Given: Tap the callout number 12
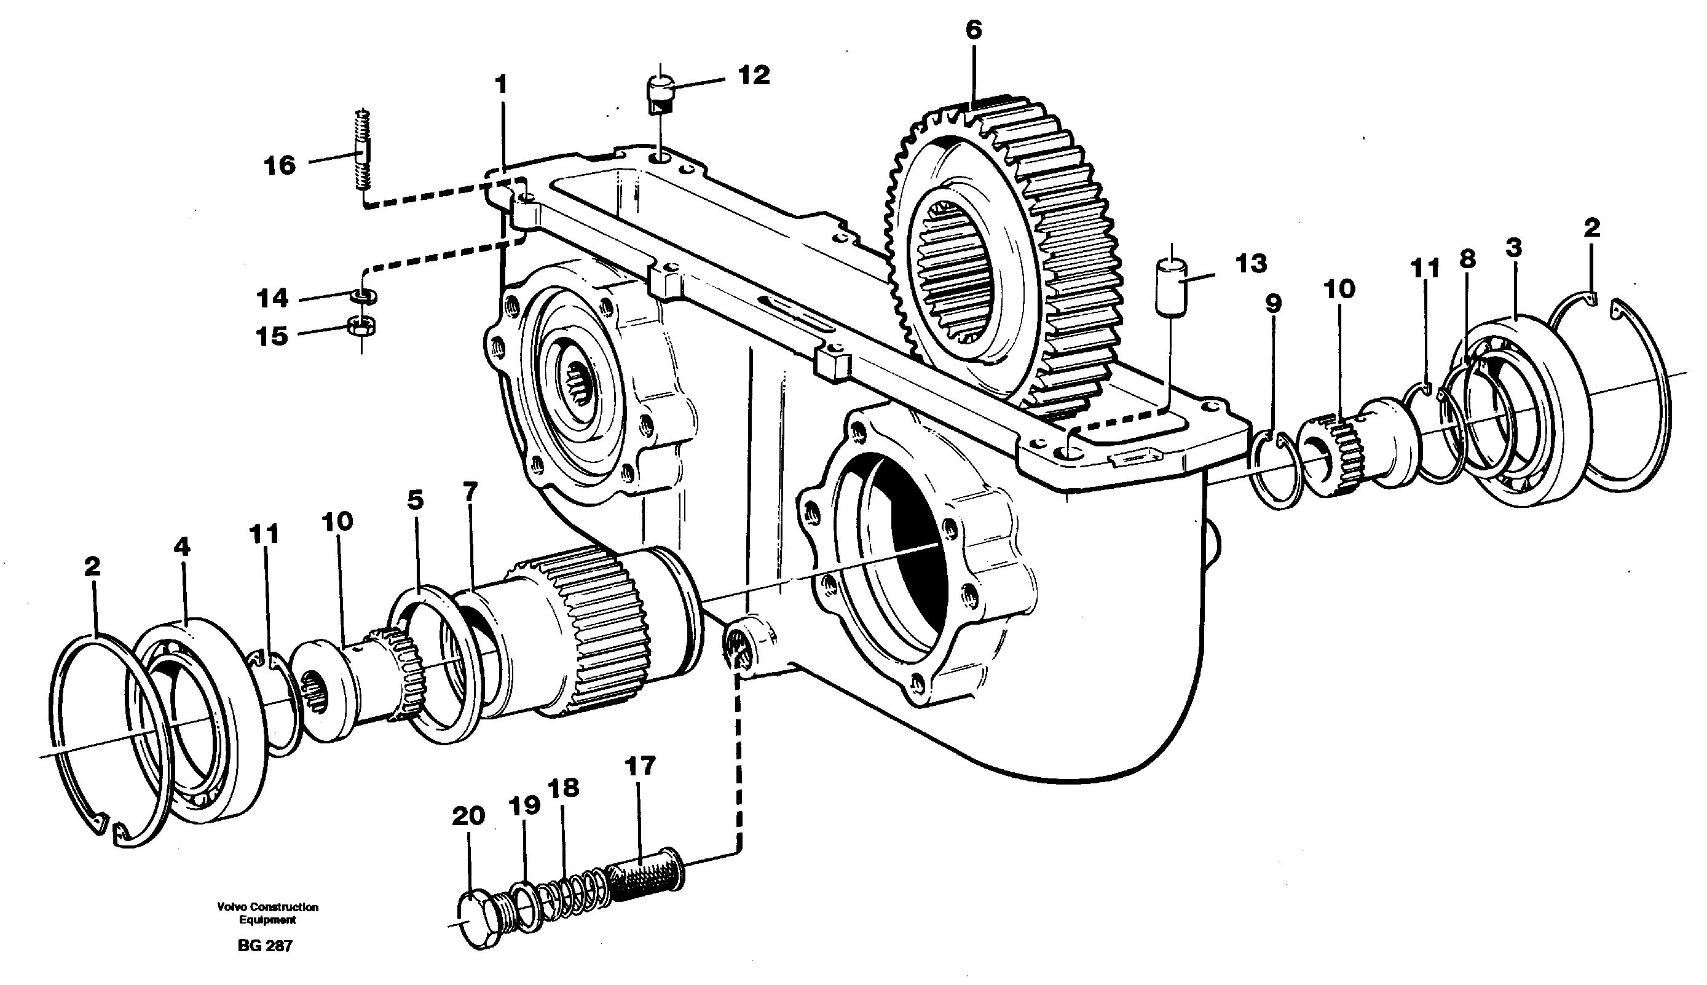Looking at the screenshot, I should [754, 76].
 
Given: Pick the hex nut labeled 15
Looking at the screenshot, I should [362, 326].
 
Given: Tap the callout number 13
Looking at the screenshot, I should [1250, 264].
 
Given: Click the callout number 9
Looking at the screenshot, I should [1273, 304].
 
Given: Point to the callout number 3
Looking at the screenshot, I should [1513, 248].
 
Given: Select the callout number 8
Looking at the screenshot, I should [1467, 259].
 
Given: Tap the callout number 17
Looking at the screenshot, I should [639, 767].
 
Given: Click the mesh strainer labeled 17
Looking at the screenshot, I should [646, 882].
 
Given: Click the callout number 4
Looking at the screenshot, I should [182, 547].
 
